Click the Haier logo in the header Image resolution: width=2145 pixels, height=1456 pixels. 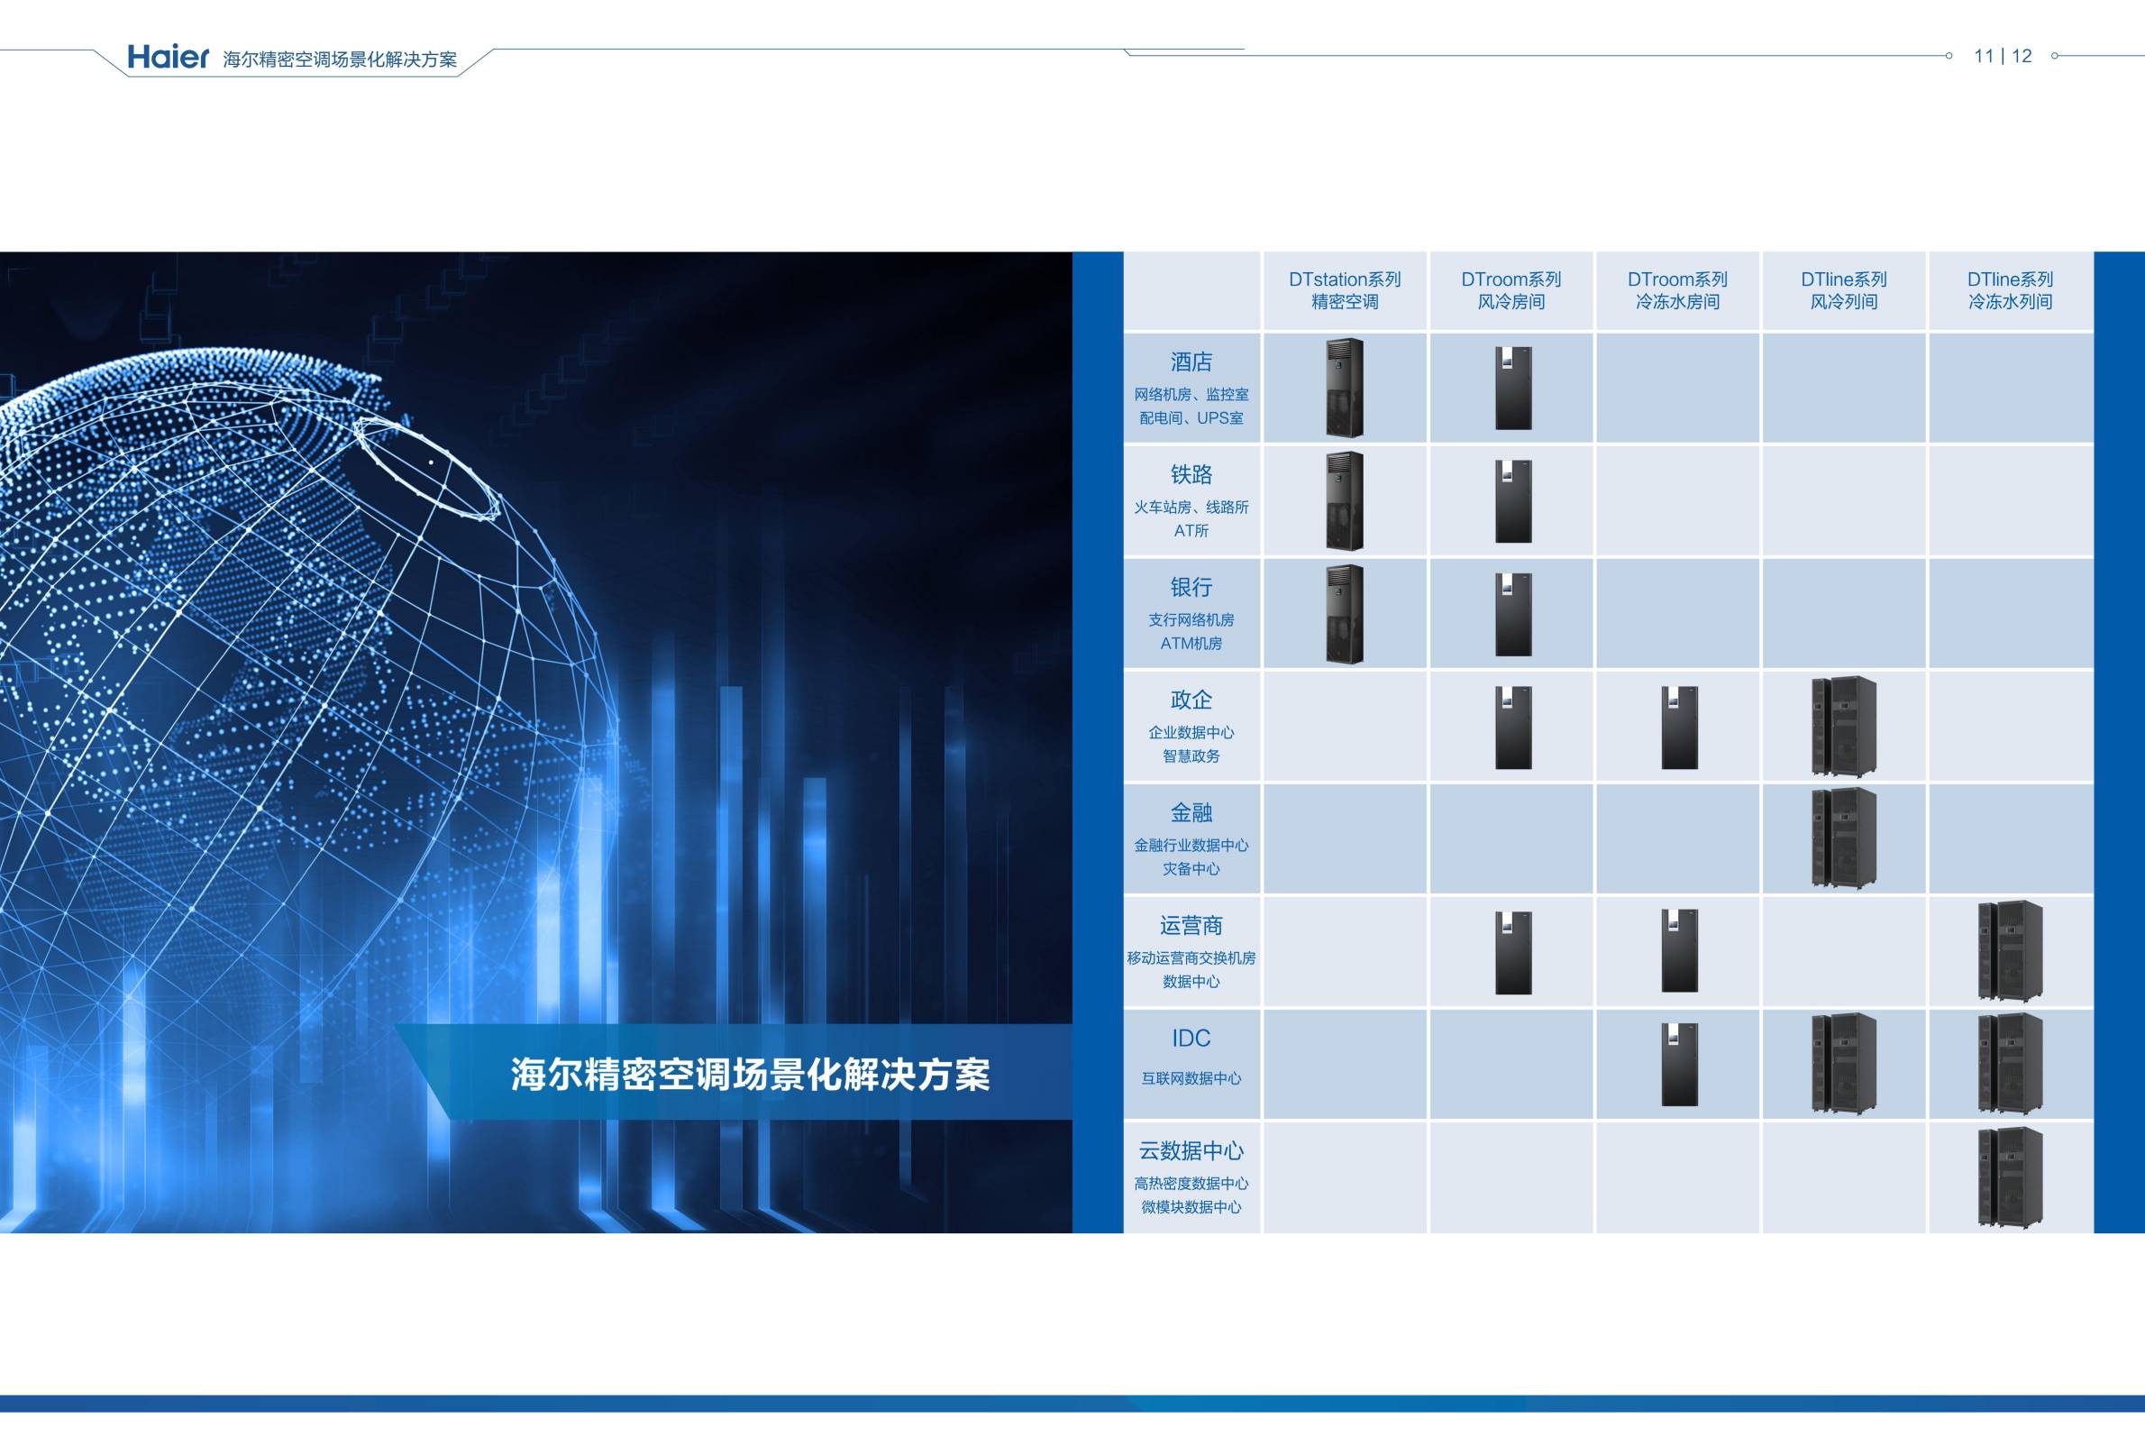click(168, 57)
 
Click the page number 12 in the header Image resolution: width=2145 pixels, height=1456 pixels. click(2022, 56)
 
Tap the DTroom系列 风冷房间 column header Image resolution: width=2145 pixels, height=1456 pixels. click(1511, 290)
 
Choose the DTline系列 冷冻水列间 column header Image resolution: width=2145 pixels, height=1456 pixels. click(2010, 290)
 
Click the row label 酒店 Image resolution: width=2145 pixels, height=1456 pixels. click(1191, 362)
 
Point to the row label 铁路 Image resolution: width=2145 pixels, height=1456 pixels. click(1191, 474)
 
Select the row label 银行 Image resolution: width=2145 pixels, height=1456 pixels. click(1191, 587)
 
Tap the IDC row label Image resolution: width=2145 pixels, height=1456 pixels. click(1191, 1038)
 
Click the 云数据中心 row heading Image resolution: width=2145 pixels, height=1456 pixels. click(1191, 1150)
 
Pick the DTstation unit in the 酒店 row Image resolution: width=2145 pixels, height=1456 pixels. click(1345, 388)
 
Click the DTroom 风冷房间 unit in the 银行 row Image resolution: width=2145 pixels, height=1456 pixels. click(1514, 614)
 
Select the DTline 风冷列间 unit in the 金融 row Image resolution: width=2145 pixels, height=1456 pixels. click(1844, 839)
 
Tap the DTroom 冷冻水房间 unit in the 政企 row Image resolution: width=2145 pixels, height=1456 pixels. click(1680, 728)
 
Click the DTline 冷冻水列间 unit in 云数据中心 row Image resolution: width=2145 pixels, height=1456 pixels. click(2010, 1177)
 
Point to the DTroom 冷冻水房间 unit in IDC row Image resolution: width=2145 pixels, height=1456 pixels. click(1680, 1065)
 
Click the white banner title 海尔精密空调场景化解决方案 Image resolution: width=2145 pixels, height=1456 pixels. click(751, 1075)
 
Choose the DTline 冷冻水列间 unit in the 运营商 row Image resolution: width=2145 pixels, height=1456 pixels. click(2010, 952)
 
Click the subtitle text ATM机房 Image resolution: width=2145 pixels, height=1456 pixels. click(1191, 644)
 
